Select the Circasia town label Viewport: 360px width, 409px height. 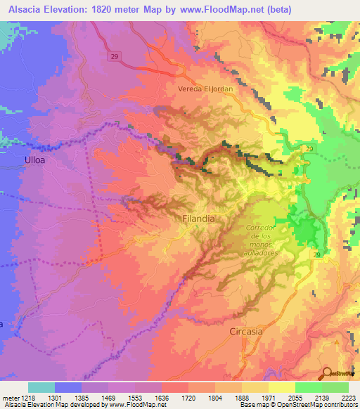tap(247, 330)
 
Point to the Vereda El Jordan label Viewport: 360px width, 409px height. tap(205, 89)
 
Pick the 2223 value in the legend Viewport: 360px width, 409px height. tap(348, 398)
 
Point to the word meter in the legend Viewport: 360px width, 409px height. tap(13, 398)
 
